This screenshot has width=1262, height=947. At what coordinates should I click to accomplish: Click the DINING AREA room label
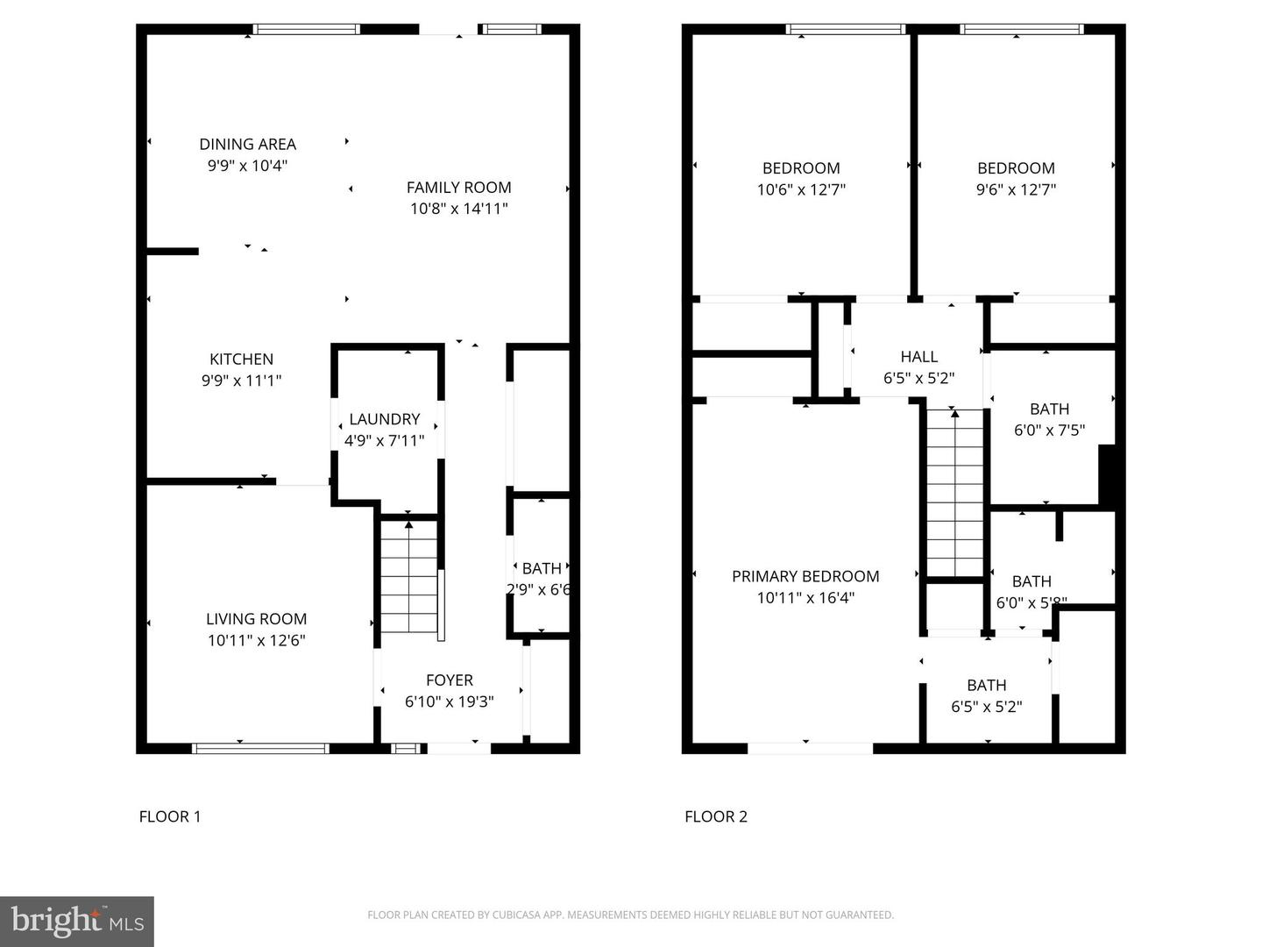tap(247, 144)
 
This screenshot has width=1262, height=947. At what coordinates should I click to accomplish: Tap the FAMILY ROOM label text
tap(458, 187)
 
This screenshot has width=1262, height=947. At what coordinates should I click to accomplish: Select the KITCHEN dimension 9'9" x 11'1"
tap(241, 381)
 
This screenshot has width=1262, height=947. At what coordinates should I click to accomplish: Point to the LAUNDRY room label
tap(384, 419)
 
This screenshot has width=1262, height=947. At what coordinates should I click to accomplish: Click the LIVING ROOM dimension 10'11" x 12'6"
tap(256, 640)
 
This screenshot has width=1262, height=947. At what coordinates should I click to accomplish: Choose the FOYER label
tap(449, 680)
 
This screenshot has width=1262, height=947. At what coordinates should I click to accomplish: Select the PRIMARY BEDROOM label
tap(805, 576)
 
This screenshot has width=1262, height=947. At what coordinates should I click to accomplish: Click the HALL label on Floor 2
tap(918, 356)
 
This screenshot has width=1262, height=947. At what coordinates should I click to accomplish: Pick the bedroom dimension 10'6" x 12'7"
tap(801, 189)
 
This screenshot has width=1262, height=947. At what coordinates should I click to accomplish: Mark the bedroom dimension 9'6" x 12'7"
tap(1016, 189)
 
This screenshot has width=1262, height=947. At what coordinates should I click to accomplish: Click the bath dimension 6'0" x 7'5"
tap(1049, 431)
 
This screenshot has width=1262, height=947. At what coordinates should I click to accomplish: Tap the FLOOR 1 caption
tap(170, 816)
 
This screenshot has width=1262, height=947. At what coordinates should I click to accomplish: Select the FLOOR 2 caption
tap(716, 816)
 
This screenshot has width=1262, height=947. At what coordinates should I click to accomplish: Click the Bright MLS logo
tap(77, 921)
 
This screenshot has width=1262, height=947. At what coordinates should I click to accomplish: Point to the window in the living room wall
tap(259, 748)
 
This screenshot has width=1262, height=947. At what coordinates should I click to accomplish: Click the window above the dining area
tap(306, 29)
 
